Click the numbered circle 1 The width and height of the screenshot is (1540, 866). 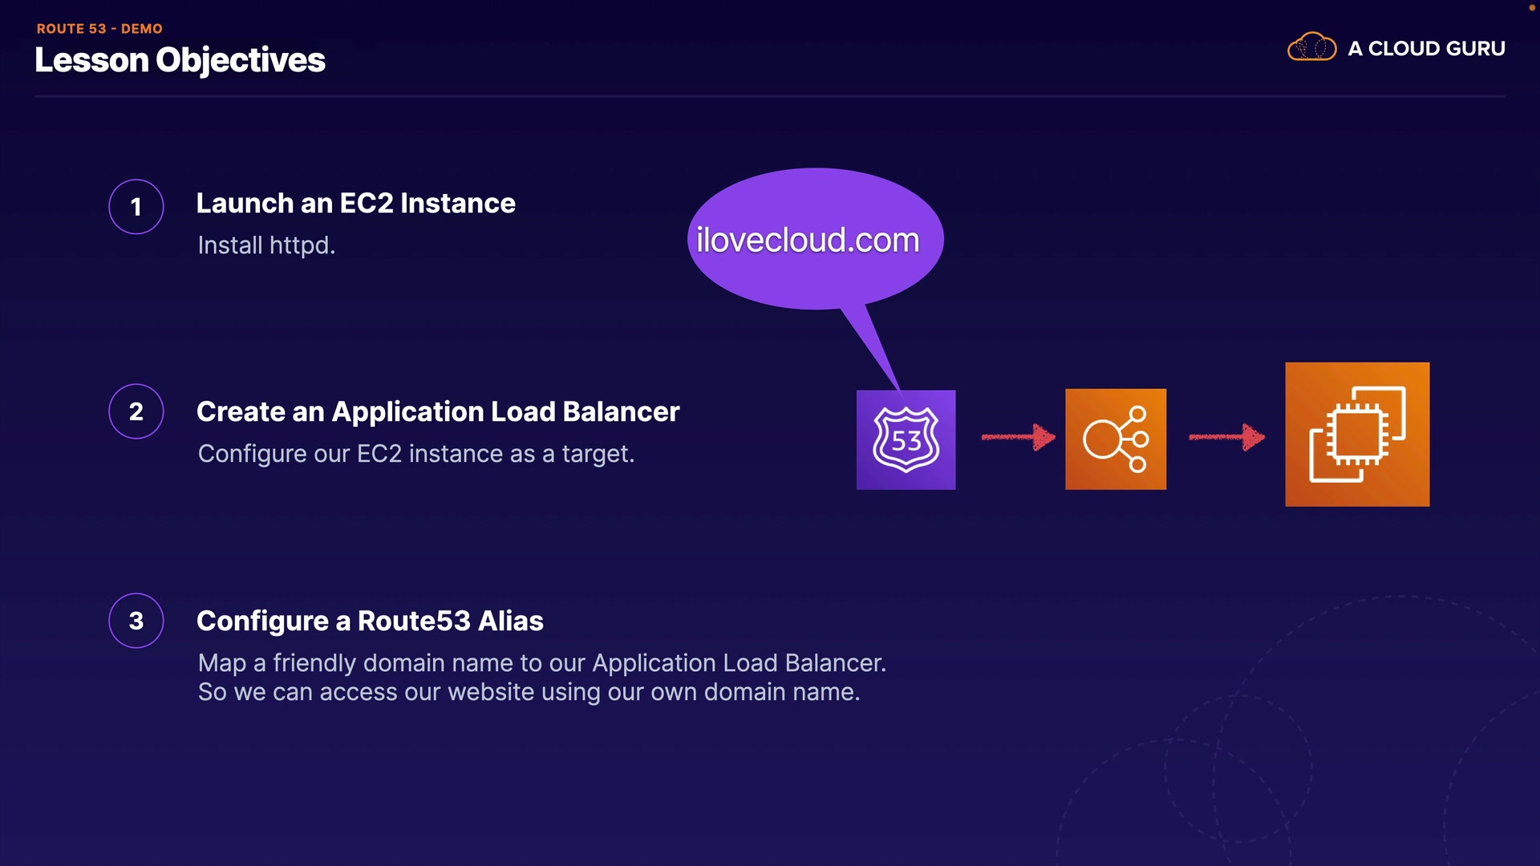pyautogui.click(x=136, y=207)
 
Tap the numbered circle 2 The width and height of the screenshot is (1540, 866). pyautogui.click(x=136, y=411)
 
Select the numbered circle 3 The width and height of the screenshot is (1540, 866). pyautogui.click(x=136, y=621)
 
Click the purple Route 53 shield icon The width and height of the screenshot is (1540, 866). pyautogui.click(x=906, y=439)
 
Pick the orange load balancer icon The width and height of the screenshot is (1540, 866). pyautogui.click(x=1116, y=439)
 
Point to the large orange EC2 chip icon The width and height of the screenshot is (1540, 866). pyautogui.click(x=1357, y=434)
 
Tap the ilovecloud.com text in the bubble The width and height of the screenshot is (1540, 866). pyautogui.click(x=808, y=240)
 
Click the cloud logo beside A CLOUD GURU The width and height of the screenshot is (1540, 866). pyautogui.click(x=1312, y=47)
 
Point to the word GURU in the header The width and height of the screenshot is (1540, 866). pyautogui.click(x=1475, y=48)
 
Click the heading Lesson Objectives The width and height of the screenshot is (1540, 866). pyautogui.click(x=180, y=61)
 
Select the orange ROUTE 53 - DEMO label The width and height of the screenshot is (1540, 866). pyautogui.click(x=99, y=28)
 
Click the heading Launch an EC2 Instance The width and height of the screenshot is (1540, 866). pyautogui.click(x=356, y=204)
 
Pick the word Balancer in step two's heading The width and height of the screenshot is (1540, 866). pyautogui.click(x=621, y=411)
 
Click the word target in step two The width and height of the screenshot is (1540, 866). pyautogui.click(x=598, y=454)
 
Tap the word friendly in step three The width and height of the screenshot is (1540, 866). pyautogui.click(x=314, y=663)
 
